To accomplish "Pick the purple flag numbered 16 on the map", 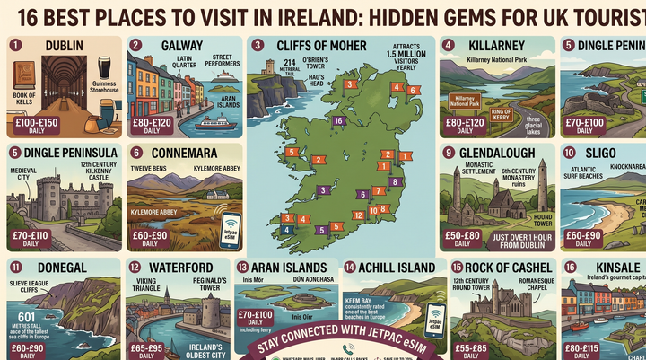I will (x=337, y=119).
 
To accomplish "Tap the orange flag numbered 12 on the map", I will (x=358, y=215).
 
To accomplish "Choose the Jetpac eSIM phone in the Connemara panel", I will (x=232, y=229).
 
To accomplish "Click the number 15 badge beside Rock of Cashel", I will (x=457, y=267).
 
